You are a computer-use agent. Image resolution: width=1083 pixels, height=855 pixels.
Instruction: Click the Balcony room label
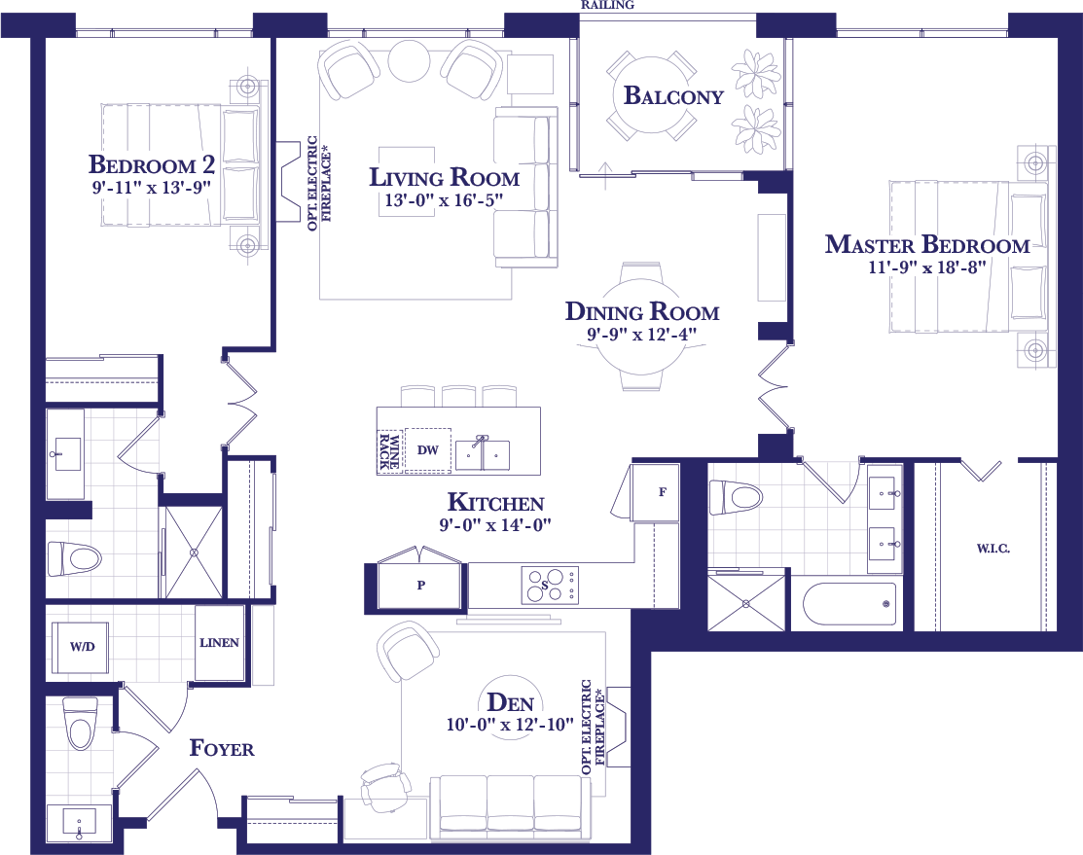(673, 95)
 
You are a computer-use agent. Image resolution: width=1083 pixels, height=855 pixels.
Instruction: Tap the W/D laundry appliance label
(82, 647)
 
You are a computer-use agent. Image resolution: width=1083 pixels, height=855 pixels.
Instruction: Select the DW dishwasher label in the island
(428, 450)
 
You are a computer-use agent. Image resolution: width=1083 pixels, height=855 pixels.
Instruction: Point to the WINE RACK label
(389, 451)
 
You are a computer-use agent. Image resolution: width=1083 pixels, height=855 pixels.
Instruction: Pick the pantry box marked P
(420, 585)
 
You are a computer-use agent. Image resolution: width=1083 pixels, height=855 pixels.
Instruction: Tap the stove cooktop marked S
(550, 586)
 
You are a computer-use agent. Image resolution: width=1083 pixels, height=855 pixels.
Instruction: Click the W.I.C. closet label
(993, 549)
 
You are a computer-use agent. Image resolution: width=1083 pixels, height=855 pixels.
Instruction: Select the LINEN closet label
(219, 642)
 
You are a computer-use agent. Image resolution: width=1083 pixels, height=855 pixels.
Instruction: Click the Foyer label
(222, 748)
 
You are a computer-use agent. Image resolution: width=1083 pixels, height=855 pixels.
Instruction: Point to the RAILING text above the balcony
(607, 5)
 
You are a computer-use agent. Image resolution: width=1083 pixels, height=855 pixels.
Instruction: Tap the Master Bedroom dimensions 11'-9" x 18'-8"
(927, 267)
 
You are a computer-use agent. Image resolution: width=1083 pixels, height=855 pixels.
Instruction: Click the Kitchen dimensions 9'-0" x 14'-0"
(495, 525)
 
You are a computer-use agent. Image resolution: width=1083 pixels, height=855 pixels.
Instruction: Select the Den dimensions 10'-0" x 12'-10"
(511, 725)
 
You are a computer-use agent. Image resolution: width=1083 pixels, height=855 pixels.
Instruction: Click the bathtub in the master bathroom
(849, 604)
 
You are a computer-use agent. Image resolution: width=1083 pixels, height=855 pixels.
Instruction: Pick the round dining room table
(641, 328)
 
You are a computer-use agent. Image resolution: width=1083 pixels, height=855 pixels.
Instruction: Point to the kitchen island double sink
(482, 454)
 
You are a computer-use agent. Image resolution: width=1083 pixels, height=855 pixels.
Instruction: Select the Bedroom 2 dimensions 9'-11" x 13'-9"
(151, 187)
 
